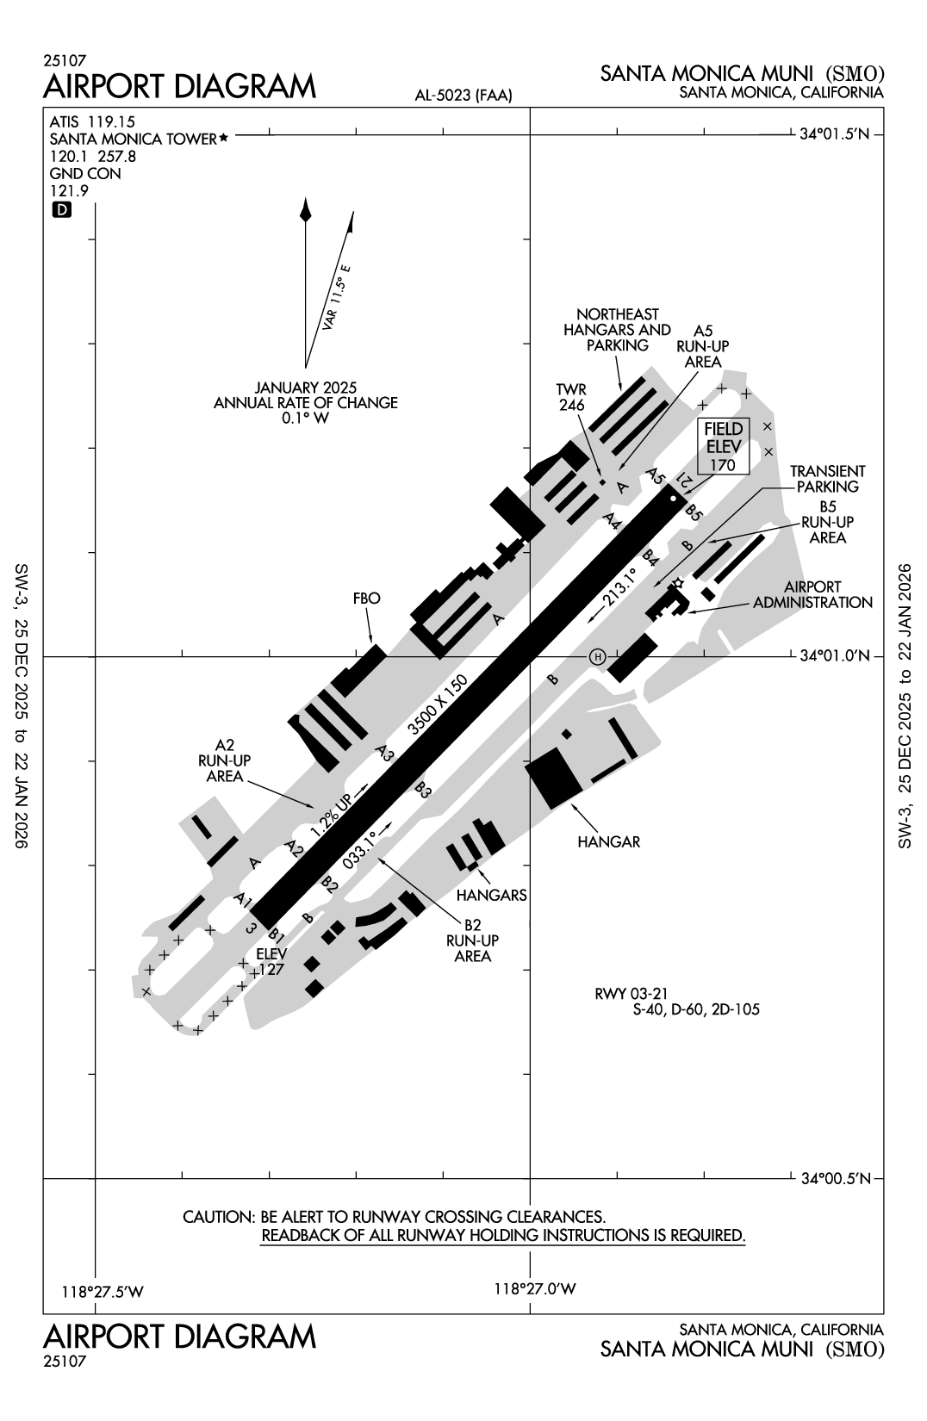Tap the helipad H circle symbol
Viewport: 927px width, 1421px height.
597,657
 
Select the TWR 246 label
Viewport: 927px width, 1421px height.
571,397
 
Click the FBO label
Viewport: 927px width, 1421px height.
366,598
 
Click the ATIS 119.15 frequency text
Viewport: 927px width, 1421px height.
92,121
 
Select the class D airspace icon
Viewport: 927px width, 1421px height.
62,209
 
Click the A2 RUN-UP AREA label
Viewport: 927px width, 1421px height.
225,760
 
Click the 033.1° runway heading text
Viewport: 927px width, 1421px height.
361,849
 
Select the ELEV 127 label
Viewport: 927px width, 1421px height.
271,961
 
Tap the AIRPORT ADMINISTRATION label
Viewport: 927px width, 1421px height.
812,594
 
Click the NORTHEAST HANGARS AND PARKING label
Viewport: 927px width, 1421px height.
617,330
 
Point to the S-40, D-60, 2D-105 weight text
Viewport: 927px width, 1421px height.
696,1010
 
